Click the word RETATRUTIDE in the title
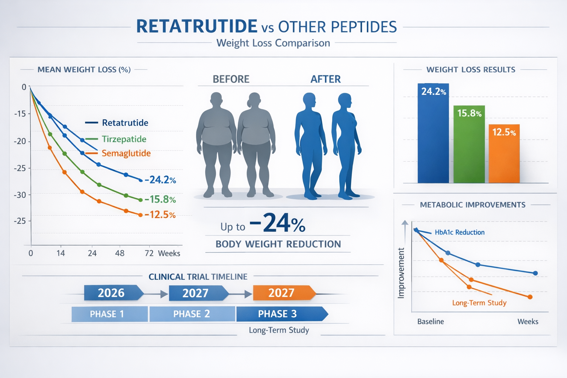point(197,27)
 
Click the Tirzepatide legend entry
point(124,139)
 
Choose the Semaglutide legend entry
point(126,153)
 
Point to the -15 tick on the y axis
point(20,114)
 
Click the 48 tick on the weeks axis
point(120,253)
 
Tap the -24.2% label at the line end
point(160,180)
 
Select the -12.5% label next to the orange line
point(160,214)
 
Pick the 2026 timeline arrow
point(112,293)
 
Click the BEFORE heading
point(231,79)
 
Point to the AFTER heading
point(326,79)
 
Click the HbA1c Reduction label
point(460,232)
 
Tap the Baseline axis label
point(430,322)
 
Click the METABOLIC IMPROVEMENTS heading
point(472,205)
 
